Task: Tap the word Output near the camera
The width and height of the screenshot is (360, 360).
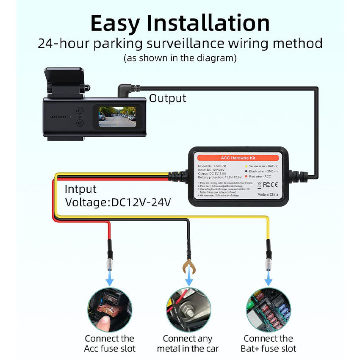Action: (167, 98)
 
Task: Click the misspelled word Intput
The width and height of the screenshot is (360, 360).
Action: (80, 189)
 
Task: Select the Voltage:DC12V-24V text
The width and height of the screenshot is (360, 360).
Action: (118, 202)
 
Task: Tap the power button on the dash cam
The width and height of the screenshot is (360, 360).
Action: (79, 111)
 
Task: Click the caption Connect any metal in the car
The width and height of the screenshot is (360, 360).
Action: (188, 343)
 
